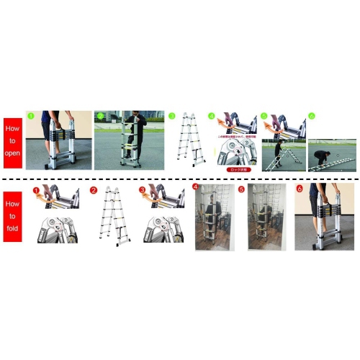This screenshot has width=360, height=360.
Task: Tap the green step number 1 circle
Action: click(30, 115)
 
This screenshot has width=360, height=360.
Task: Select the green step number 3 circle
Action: click(171, 115)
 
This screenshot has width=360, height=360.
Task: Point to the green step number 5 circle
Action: click(264, 115)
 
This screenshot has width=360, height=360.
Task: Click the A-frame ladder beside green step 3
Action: click(188, 140)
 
